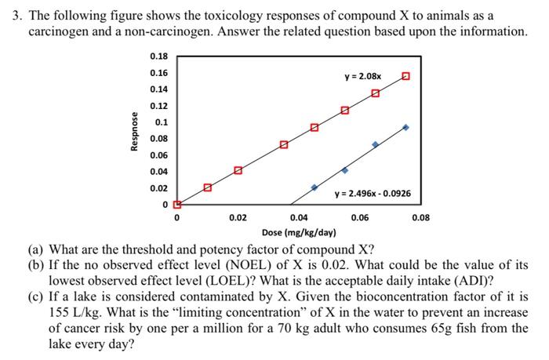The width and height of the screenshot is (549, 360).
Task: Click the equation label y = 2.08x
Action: click(363, 77)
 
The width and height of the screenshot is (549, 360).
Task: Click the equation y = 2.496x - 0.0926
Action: click(373, 194)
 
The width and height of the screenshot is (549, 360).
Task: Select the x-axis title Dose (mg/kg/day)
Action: click(299, 233)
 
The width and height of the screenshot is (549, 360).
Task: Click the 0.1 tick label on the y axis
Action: click(160, 122)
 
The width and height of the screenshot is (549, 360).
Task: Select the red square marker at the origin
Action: click(176, 205)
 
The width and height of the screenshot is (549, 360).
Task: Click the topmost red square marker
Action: click(405, 76)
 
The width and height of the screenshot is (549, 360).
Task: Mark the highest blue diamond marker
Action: click(405, 127)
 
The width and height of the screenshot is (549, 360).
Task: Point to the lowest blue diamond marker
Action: click(314, 187)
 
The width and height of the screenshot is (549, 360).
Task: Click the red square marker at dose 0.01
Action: click(207, 187)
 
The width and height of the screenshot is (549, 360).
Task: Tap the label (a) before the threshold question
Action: click(37, 250)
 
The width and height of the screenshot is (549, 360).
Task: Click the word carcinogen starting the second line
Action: click(61, 31)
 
